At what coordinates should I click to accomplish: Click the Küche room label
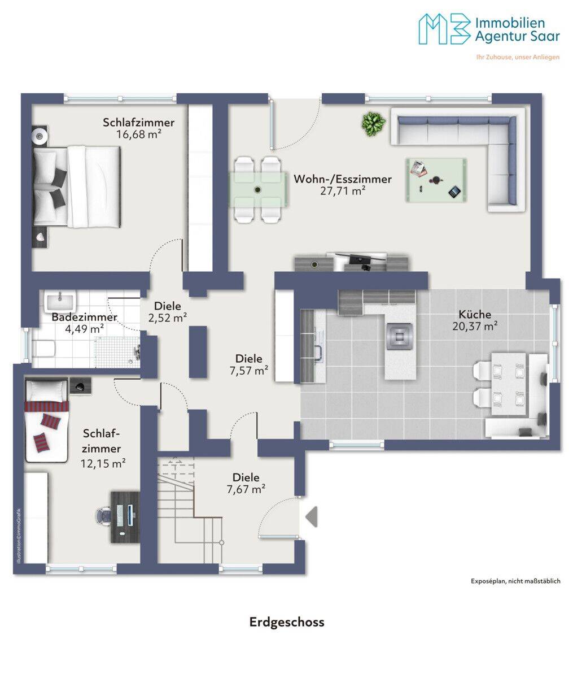(x=474, y=314)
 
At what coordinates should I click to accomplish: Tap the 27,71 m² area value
(x=343, y=190)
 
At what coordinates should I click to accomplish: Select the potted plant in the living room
(x=373, y=124)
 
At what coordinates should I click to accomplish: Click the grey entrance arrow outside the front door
(x=312, y=516)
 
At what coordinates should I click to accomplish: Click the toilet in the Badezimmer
(x=43, y=349)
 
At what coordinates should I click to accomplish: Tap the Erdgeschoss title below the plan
(x=287, y=622)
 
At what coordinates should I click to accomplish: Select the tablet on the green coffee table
(x=454, y=192)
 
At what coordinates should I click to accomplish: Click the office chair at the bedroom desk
(x=105, y=518)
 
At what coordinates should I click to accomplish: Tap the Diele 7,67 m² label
(x=246, y=483)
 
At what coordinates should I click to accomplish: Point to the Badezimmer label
(x=84, y=317)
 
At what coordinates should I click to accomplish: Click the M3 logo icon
(x=444, y=29)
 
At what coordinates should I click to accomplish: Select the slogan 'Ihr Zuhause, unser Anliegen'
(x=518, y=57)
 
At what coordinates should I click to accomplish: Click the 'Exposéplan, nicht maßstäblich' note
(x=515, y=581)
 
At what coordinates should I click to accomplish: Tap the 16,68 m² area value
(x=139, y=134)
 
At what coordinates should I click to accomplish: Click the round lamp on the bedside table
(x=40, y=135)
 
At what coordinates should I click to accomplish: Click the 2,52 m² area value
(x=168, y=318)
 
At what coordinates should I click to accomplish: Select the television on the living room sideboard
(x=360, y=257)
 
